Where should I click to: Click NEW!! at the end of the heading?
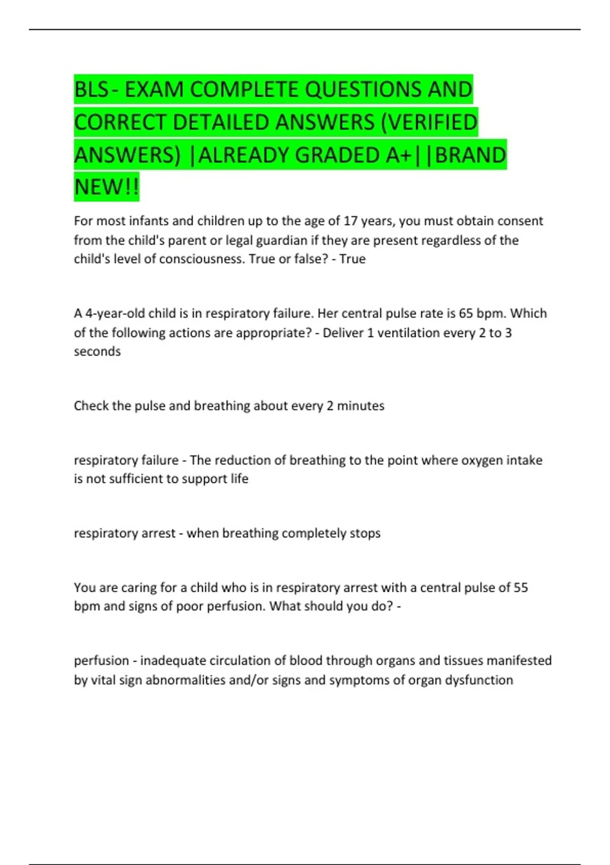[106, 187]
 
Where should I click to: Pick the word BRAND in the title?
[471, 155]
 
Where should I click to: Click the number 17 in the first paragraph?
[351, 221]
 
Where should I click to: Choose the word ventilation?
[408, 333]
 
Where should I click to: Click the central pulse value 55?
[521, 588]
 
